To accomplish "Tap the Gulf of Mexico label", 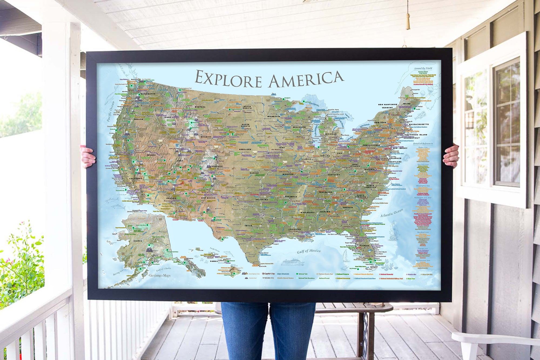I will point(309,251).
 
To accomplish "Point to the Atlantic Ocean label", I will point(391,213).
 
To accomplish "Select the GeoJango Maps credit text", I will point(160,275).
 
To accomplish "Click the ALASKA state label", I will point(138,241).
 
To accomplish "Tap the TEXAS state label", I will point(248,226).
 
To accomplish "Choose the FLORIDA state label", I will point(364,246).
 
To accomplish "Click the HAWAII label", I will point(214,261).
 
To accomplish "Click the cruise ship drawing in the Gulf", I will point(293,262).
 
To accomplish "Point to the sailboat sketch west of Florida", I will point(346,255).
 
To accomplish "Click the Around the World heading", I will point(423,68).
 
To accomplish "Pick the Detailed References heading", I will point(423,144).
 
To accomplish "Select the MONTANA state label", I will point(200,107).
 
